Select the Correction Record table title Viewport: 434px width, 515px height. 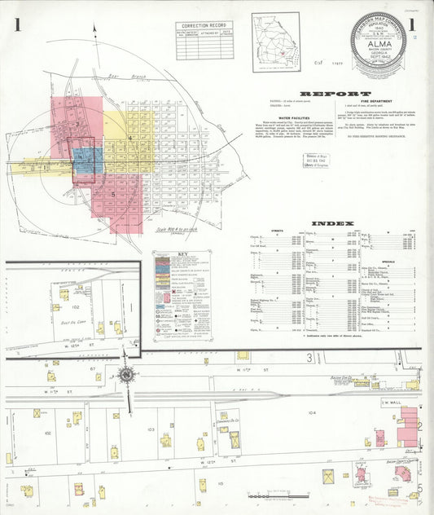pos(204,26)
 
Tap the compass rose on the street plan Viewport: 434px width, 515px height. pos(126,375)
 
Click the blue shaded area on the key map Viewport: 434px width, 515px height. pos(88,161)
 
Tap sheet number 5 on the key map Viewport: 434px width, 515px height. pos(113,195)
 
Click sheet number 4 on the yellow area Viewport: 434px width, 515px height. pos(130,139)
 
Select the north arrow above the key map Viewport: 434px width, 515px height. pos(96,31)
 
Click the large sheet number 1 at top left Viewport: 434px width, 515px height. pos(16,24)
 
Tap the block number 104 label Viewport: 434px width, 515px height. pos(312,413)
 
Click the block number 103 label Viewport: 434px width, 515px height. pos(151,428)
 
